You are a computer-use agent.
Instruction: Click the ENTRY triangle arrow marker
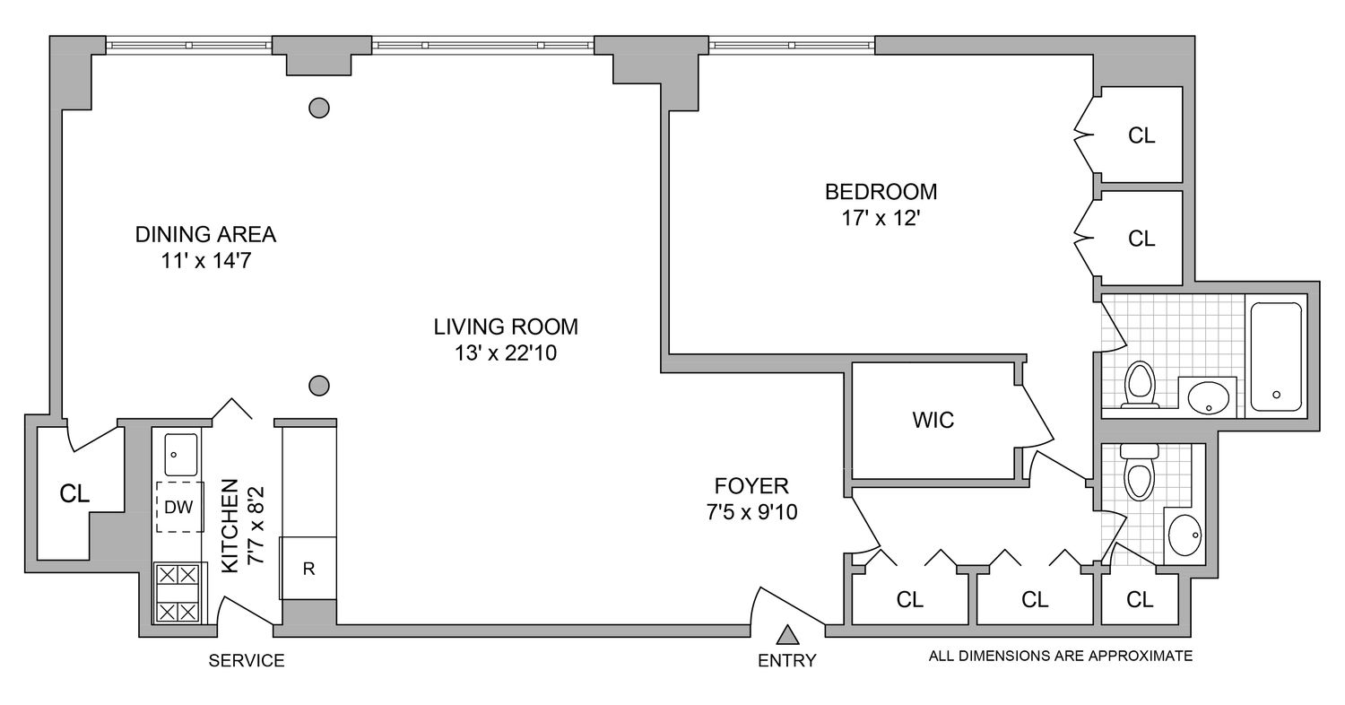(787, 636)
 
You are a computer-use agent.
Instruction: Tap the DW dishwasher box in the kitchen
(179, 507)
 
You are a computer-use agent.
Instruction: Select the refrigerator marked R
(308, 569)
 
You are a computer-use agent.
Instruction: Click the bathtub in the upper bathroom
(1276, 356)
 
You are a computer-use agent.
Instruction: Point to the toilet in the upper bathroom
(1140, 383)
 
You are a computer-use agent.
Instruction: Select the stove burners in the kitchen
(177, 593)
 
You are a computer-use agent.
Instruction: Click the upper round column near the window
(318, 108)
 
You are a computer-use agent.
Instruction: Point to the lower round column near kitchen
(318, 386)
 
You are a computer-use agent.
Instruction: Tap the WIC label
(933, 420)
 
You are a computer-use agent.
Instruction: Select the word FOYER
(751, 486)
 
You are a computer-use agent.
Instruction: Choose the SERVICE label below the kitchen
(247, 661)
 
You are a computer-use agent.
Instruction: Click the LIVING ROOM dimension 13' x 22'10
(506, 353)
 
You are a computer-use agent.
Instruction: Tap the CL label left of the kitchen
(74, 494)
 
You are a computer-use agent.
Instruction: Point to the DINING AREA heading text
(205, 235)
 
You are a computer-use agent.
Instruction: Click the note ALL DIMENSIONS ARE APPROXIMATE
(1061, 656)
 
